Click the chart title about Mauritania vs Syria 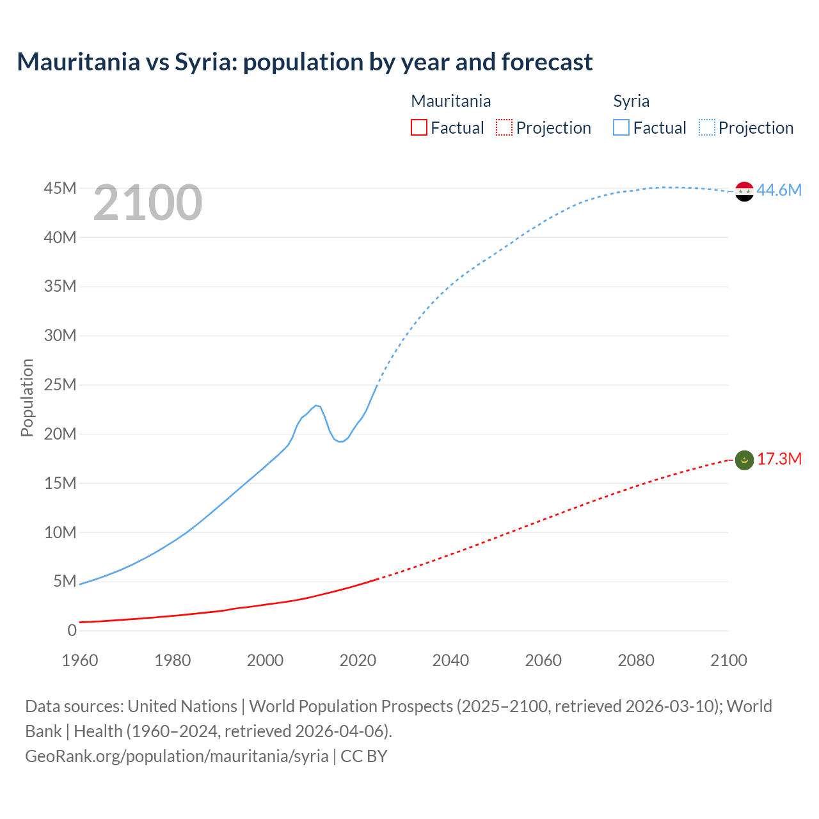(305, 62)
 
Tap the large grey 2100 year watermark (148, 203)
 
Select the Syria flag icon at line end (744, 191)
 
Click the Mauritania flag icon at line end (744, 460)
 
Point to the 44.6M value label (779, 190)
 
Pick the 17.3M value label (779, 459)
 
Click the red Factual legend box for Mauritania (419, 127)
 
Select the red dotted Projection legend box (504, 127)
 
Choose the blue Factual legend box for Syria (621, 127)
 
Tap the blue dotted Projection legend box (706, 127)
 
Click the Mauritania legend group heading (450, 101)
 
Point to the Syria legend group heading (631, 101)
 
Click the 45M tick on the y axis (60, 188)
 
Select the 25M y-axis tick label (60, 385)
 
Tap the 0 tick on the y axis (72, 630)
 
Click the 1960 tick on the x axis (80, 660)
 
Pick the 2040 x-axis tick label (450, 660)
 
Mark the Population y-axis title (27, 397)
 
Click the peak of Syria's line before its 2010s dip (316, 405)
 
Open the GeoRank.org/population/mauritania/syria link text (177, 756)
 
